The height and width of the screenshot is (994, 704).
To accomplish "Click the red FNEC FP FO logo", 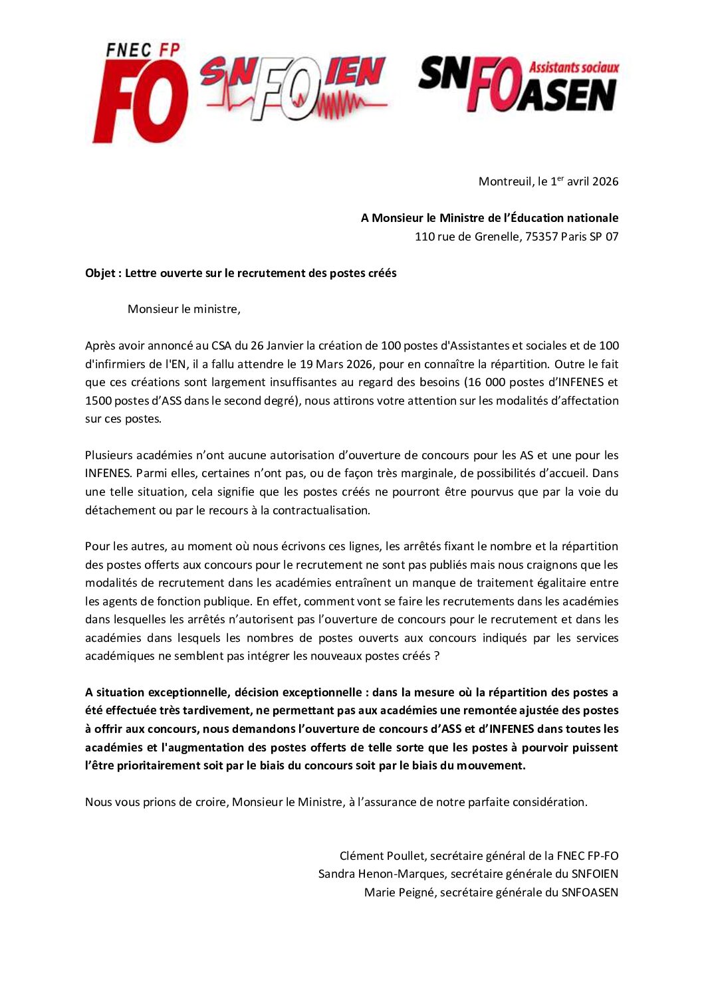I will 140,93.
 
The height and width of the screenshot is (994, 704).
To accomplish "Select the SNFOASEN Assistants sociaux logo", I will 519,84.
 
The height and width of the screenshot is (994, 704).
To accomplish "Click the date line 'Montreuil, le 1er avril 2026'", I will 548,181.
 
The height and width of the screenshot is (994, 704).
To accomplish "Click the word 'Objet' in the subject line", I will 100,273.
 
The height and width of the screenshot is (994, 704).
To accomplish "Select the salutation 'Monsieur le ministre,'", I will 184,309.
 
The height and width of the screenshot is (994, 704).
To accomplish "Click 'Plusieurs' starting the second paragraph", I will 108,455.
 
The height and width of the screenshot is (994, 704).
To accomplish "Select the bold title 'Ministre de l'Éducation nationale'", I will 528,218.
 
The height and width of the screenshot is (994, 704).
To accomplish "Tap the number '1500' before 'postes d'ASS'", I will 98,401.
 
